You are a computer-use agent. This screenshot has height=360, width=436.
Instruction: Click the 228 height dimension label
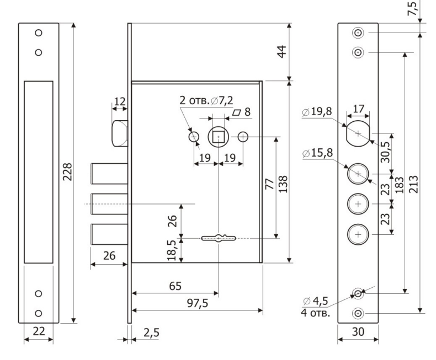[67, 172]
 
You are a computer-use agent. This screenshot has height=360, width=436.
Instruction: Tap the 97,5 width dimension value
[198, 303]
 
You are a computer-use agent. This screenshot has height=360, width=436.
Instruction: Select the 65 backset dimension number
[175, 286]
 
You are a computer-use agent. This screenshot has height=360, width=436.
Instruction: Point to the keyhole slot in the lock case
[219, 238]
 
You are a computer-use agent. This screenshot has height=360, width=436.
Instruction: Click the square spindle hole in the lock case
[219, 137]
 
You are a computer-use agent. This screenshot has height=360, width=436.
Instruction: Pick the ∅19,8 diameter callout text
[317, 112]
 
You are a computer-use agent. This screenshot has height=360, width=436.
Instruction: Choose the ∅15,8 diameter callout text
[317, 153]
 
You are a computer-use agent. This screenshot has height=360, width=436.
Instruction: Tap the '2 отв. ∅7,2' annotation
[206, 100]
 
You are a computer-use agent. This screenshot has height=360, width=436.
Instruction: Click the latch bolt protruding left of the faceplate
[120, 133]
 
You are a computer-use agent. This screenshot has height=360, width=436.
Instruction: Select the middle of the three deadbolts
[110, 204]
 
